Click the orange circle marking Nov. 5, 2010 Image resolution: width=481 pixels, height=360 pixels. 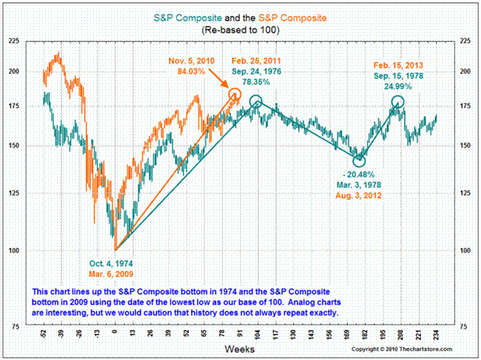pos(234,95)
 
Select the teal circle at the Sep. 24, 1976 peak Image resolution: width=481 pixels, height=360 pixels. pos(256,101)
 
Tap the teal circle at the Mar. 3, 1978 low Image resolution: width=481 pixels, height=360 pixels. pos(359,159)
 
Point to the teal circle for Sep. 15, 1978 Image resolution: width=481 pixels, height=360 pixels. pos(398,101)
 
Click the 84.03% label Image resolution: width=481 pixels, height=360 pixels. pos(192,71)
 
